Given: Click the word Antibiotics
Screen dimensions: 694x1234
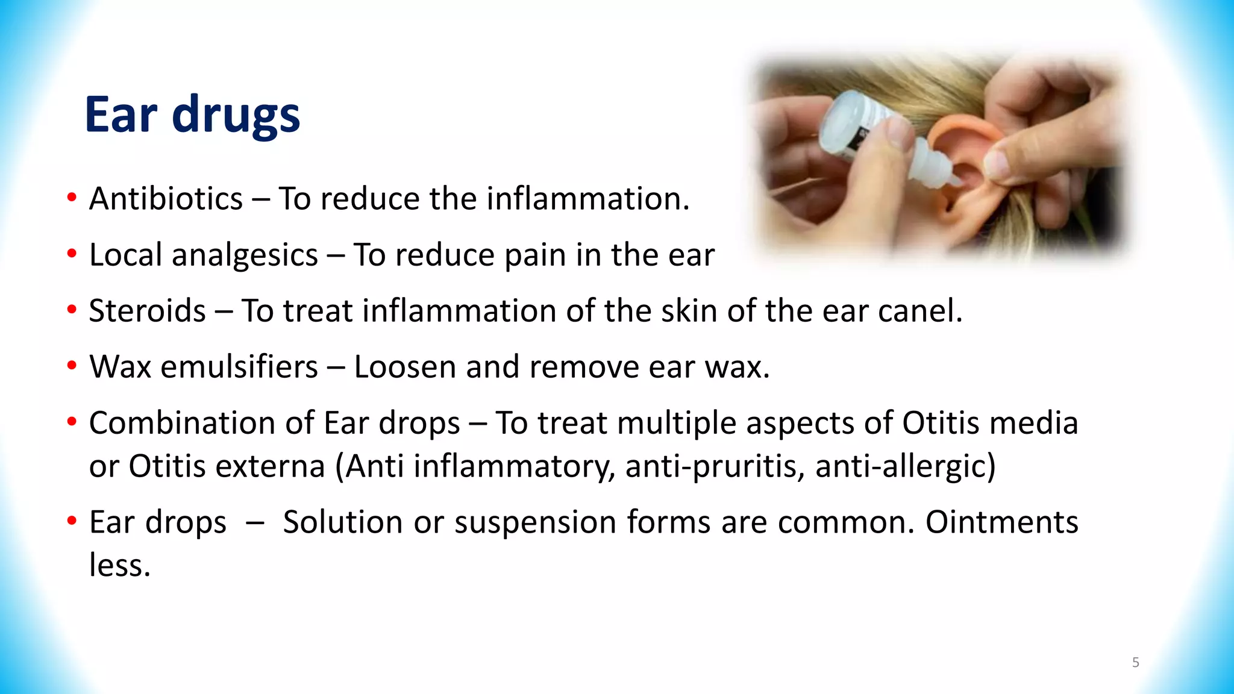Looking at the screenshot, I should (x=166, y=199).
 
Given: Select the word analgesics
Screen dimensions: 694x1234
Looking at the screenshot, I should (x=245, y=255).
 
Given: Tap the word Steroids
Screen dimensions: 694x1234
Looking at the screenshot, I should (x=148, y=311).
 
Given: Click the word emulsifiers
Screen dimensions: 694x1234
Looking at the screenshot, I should (x=239, y=367).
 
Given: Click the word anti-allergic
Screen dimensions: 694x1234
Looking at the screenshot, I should (x=905, y=466).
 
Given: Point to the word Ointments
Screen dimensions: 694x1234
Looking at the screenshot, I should (x=1001, y=522).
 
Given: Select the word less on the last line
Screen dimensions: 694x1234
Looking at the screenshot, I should (x=119, y=565).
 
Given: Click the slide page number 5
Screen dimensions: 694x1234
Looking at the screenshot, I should (x=1135, y=663).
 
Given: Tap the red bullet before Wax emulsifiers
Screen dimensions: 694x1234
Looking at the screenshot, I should (x=72, y=366).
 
